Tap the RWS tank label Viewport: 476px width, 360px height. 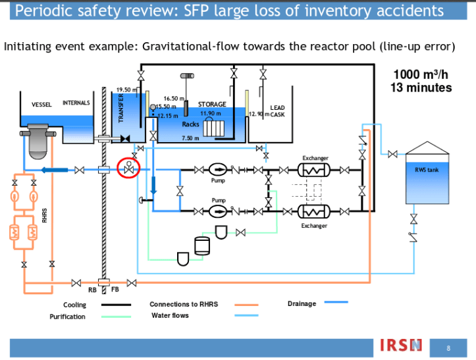(x=426, y=170)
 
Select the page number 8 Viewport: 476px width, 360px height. (x=448, y=347)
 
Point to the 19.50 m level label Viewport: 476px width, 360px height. (x=126, y=90)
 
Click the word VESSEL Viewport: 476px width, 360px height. (x=41, y=105)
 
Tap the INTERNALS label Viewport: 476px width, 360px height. (x=76, y=103)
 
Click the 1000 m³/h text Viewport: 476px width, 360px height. (x=422, y=74)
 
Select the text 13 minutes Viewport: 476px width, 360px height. (x=422, y=88)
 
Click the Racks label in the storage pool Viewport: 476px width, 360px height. (x=190, y=124)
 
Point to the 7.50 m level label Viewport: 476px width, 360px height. (x=190, y=138)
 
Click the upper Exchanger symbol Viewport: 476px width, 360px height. (x=314, y=169)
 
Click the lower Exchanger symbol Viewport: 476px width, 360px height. (x=314, y=211)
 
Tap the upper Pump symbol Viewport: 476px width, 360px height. (x=218, y=169)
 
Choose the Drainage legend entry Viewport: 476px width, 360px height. (x=302, y=303)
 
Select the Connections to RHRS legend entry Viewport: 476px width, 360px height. (x=183, y=304)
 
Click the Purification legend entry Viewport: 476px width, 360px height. (x=67, y=317)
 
